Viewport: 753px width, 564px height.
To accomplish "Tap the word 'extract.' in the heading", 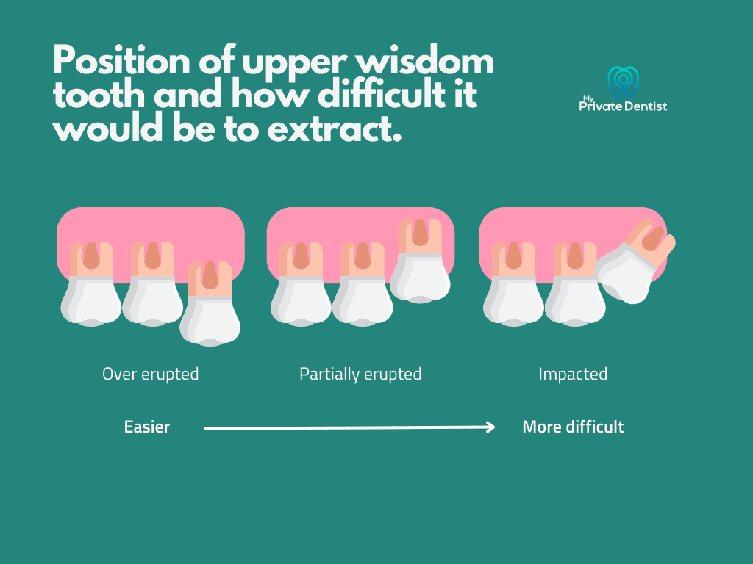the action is pos(335,129).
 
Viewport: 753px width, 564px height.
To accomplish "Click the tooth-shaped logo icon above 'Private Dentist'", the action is pos(623,82).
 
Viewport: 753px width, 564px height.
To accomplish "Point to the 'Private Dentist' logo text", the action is pos(623,106).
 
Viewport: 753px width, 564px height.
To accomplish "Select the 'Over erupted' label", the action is pos(150,374).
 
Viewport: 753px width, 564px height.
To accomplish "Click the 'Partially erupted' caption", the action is pos(360,374).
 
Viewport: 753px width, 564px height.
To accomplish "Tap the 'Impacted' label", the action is pos(573,374).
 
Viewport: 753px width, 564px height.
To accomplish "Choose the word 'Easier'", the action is pos(147,427).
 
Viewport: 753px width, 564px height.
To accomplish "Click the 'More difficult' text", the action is pos(573,427).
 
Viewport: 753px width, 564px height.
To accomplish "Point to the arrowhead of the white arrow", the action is pos(490,427).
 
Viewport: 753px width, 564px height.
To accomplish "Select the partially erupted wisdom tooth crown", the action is pos(420,278).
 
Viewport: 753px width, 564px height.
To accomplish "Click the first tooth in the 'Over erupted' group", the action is pos(91,284).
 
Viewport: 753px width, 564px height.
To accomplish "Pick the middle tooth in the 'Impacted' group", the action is pos(575,284).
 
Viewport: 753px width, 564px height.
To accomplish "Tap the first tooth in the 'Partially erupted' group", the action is pos(301,284).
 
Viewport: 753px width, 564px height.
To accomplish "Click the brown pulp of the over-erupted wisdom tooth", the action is pos(210,275).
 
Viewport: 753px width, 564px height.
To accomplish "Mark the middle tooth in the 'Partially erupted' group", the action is pos(363,284).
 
